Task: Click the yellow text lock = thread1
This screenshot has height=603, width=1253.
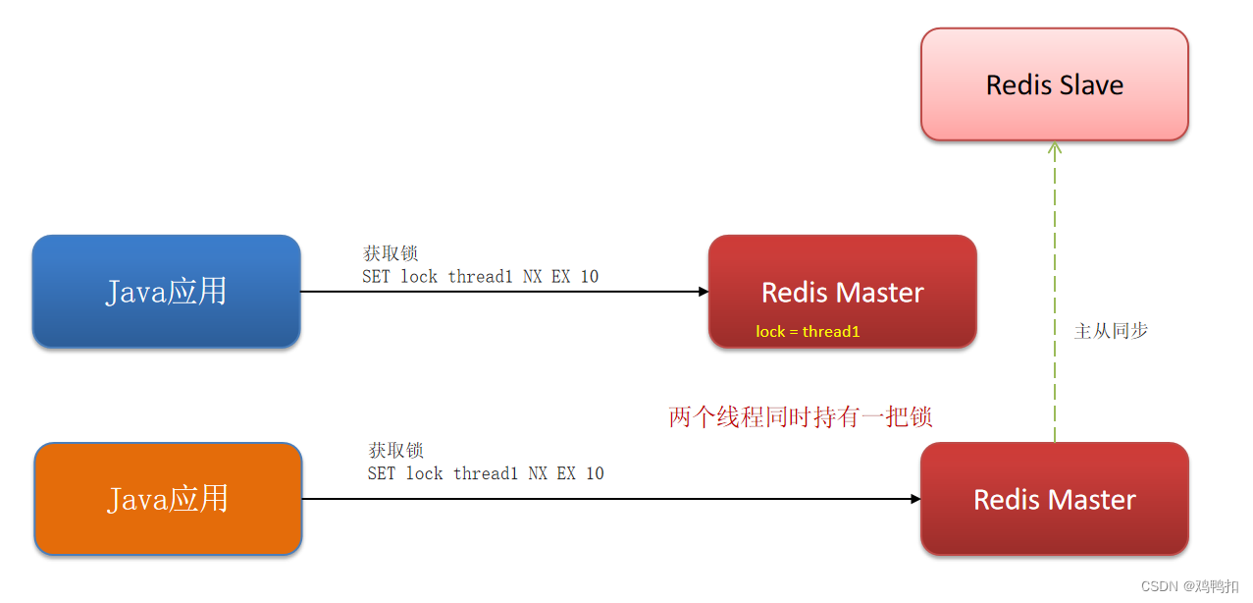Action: pos(808,332)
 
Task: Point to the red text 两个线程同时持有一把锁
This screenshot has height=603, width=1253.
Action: pos(800,417)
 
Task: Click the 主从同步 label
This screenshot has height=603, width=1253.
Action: pos(1111,331)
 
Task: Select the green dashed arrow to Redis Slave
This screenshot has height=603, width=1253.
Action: pos(1055,295)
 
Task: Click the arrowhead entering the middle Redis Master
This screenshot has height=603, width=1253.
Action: pos(703,292)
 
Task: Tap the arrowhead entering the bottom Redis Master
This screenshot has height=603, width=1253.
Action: pos(914,499)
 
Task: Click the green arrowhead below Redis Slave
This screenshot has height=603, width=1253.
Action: pos(1055,148)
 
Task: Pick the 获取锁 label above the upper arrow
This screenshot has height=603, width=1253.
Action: pos(391,254)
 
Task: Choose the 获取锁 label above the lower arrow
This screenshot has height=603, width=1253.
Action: pos(395,451)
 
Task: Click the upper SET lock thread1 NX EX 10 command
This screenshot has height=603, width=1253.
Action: pos(480,277)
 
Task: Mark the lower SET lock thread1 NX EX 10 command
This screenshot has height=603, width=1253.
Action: pos(486,473)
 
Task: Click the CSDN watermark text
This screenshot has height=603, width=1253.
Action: pos(1188,586)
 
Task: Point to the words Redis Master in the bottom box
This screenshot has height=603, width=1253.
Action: pos(1054,500)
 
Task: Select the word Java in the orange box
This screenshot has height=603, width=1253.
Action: pos(137,499)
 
